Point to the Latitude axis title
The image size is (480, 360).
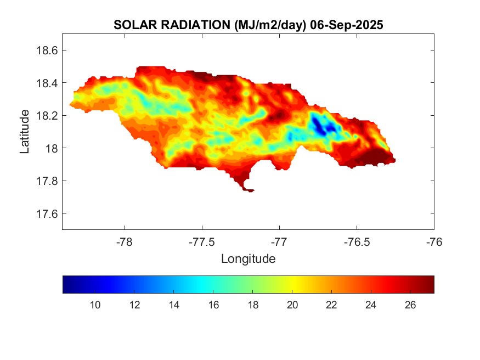(25, 131)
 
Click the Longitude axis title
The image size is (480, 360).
(248, 258)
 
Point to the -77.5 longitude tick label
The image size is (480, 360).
(202, 241)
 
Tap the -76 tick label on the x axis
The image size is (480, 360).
(434, 241)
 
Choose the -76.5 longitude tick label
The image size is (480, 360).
(357, 241)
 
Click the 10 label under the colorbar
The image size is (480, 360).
(95, 305)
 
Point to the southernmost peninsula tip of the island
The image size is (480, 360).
(249, 190)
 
